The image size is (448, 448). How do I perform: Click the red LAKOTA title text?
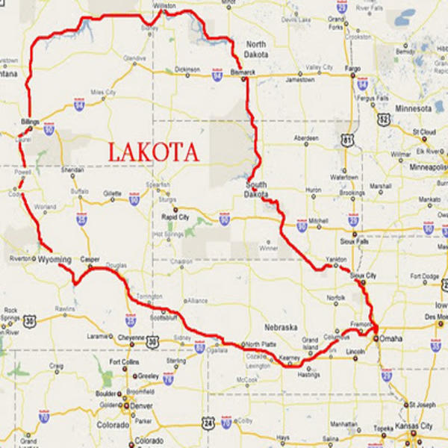pyautogui.click(x=154, y=152)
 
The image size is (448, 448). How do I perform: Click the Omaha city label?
pyautogui.click(x=390, y=339)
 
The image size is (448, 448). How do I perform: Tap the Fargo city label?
pyautogui.click(x=352, y=68)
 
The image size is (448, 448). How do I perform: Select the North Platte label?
pyautogui.click(x=260, y=344)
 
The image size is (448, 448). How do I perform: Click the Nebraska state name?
pyautogui.click(x=281, y=327)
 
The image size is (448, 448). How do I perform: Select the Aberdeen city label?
pyautogui.click(x=305, y=139)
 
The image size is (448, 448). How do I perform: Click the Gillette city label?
pyautogui.click(x=112, y=193)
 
